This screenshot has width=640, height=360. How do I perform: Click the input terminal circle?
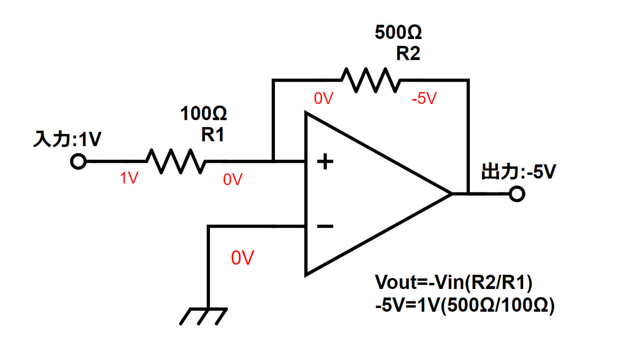pos(78,162)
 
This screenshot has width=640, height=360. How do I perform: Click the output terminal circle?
pos(517,194)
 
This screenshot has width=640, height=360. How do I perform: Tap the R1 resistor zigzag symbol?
pos(176,162)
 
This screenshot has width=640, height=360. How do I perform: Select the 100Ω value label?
pos(203,113)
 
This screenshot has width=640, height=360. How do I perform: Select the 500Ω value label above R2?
pos(398,32)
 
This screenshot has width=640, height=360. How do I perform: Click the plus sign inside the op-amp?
pos(325,162)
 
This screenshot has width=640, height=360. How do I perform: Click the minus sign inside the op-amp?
pos(325,226)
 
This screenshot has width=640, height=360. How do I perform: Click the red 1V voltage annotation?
pos(129,178)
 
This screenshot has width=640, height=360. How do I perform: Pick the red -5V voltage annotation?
pos(424,98)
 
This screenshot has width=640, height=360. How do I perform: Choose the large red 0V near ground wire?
pos(242,258)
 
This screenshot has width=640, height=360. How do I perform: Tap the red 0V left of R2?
pos(323,98)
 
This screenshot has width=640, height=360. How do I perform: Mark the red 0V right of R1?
pos(233,179)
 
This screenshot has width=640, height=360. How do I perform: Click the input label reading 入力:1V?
pos(67,139)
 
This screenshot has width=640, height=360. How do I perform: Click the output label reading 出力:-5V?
pos(518,172)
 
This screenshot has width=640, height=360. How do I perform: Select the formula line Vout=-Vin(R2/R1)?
pos(453,282)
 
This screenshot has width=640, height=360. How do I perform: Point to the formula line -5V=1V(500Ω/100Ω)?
pos(465,305)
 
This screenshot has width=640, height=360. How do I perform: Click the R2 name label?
pos(408,53)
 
